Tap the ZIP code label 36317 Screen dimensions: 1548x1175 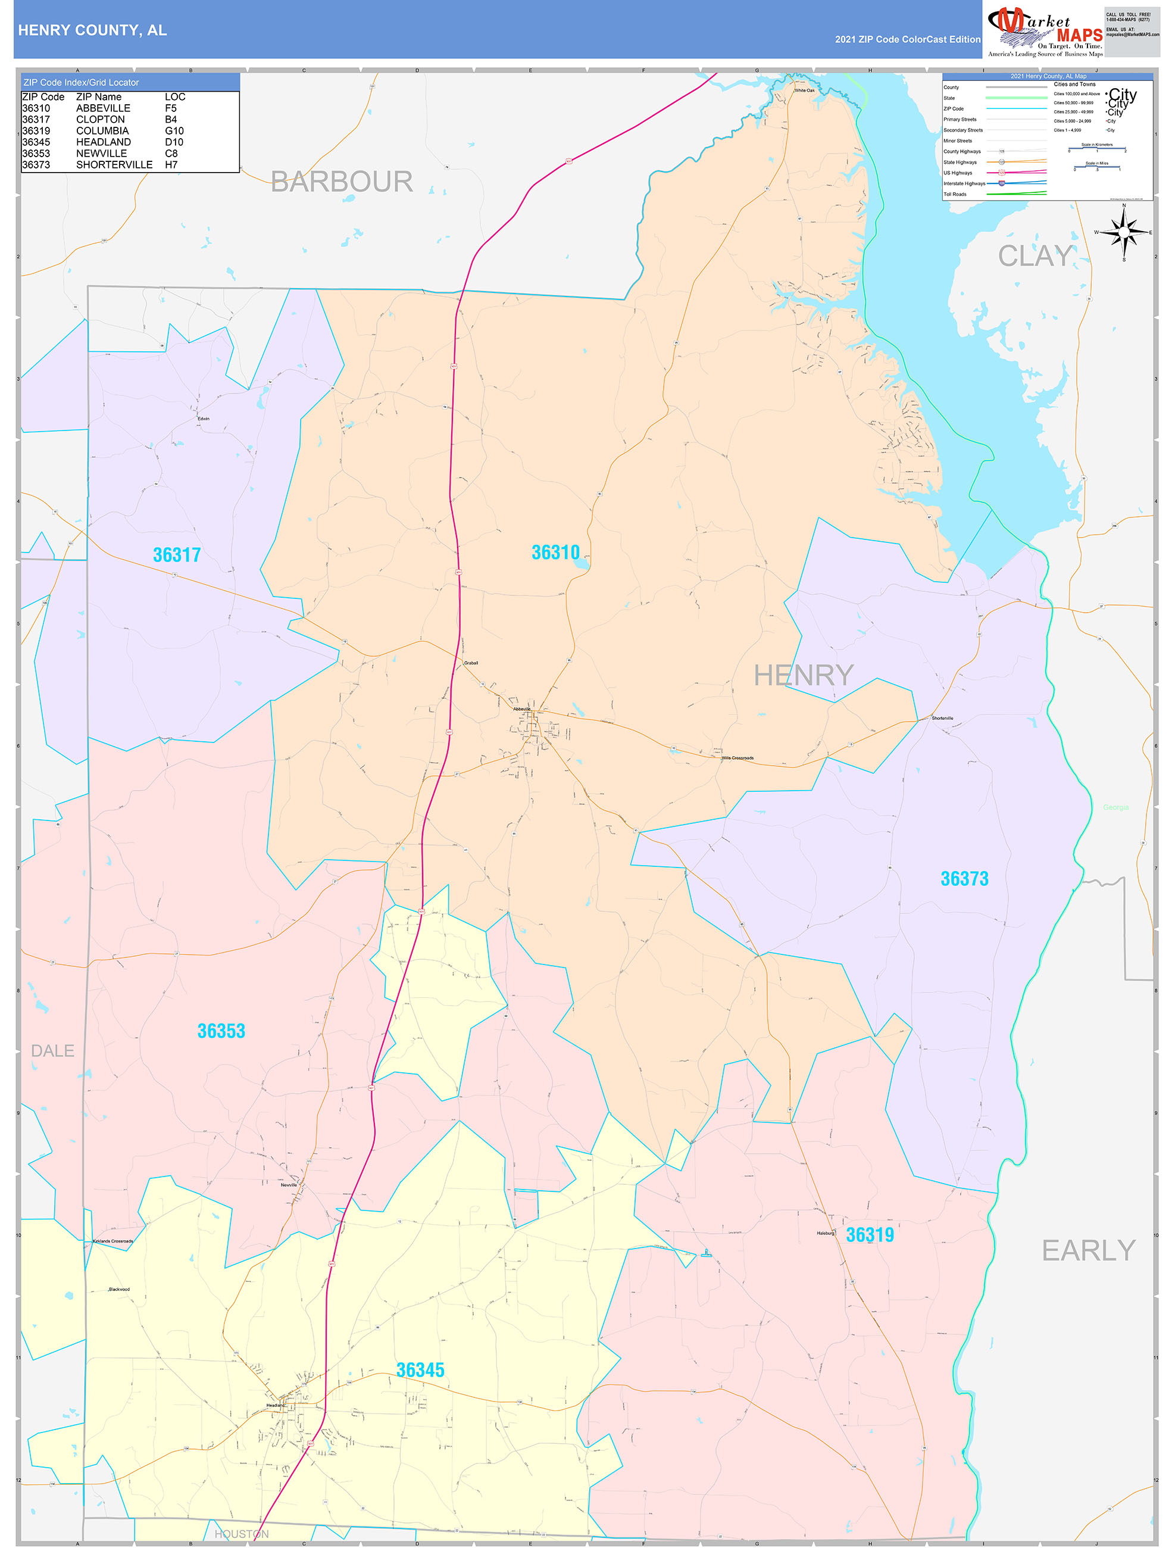pyautogui.click(x=176, y=555)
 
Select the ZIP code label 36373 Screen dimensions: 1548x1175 pyautogui.click(x=964, y=878)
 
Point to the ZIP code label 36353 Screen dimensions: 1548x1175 pyautogui.click(x=221, y=1030)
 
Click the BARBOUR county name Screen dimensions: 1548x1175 pyautogui.click(x=342, y=182)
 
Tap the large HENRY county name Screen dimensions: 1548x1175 pyautogui.click(x=804, y=675)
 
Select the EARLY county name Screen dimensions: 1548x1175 pyautogui.click(x=1088, y=1250)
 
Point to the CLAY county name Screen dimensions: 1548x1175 pyautogui.click(x=1035, y=256)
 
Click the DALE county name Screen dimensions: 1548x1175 pyautogui.click(x=52, y=1050)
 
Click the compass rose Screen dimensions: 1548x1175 pyautogui.click(x=1123, y=232)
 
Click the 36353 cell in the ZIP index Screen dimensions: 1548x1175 pyautogui.click(x=36, y=153)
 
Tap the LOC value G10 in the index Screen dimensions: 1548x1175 pyautogui.click(x=174, y=131)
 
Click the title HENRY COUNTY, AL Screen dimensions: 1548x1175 pyautogui.click(x=92, y=30)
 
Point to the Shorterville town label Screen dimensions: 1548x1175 pyautogui.click(x=942, y=718)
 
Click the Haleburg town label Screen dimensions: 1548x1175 pyautogui.click(x=825, y=1233)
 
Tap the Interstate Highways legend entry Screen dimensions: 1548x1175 pyautogui.click(x=964, y=183)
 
